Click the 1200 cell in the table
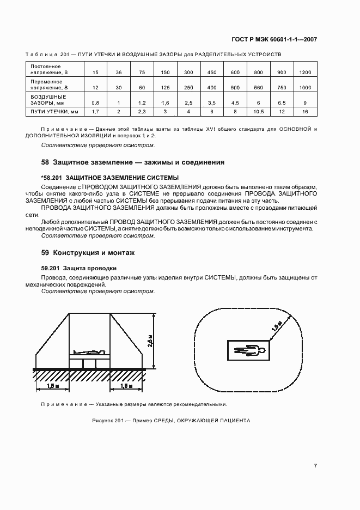click(304, 72)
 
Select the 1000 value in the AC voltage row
click(304, 87)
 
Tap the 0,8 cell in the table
click(95, 102)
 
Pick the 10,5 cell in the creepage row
click(258, 112)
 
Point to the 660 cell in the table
click(258, 87)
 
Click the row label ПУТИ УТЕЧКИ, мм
click(48, 112)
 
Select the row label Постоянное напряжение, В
click(45, 69)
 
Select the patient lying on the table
click(89, 353)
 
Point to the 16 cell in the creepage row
click(304, 112)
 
